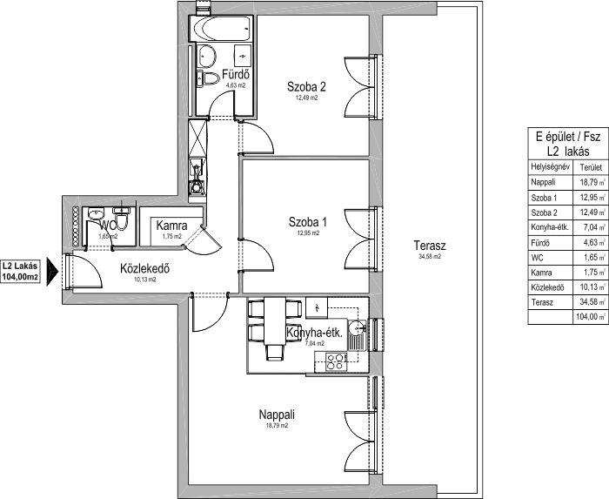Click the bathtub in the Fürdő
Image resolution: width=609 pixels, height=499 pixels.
click(x=222, y=29)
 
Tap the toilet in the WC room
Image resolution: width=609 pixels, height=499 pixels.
click(x=121, y=219)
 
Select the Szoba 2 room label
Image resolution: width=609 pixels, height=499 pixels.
click(x=306, y=87)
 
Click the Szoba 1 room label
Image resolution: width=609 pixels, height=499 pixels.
click(x=308, y=222)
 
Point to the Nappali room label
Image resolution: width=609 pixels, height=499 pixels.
click(x=277, y=415)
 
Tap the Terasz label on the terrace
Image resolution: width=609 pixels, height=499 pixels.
click(x=430, y=246)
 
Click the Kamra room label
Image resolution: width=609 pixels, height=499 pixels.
click(x=171, y=226)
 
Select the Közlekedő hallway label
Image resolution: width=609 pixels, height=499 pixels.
click(x=145, y=268)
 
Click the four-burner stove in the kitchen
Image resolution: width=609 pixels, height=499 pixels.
click(x=336, y=361)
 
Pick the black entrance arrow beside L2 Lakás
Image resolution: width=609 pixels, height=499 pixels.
click(x=52, y=271)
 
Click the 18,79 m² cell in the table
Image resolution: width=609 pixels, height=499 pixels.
click(x=590, y=182)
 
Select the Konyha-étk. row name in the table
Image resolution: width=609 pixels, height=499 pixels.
click(x=550, y=227)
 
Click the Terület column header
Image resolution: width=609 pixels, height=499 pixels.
click(x=591, y=167)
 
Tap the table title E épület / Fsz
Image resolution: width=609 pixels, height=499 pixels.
click(x=568, y=137)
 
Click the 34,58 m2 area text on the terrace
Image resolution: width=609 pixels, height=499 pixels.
click(x=430, y=257)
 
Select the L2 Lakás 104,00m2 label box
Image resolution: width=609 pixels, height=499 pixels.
click(x=20, y=271)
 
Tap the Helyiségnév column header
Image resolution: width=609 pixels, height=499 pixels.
click(x=551, y=167)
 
